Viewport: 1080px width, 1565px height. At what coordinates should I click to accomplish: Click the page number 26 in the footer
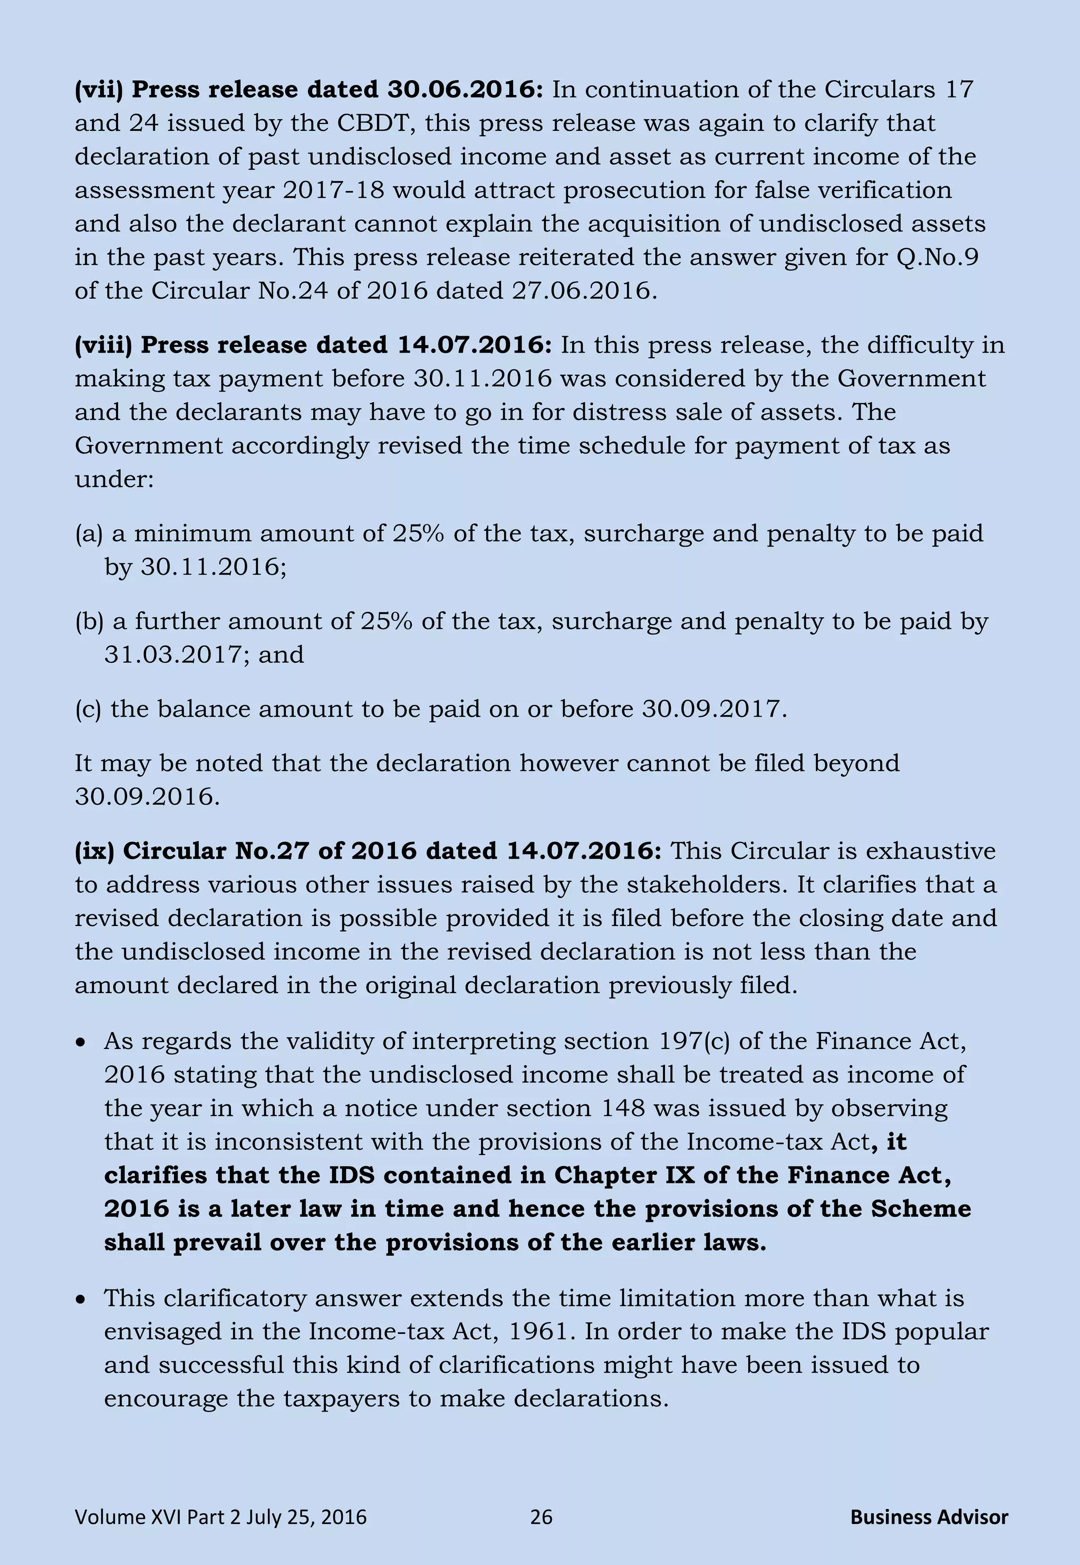[x=541, y=1517]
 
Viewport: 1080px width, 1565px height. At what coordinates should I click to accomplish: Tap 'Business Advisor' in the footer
[x=929, y=1517]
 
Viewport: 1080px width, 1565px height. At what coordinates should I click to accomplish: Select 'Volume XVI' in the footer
[x=128, y=1517]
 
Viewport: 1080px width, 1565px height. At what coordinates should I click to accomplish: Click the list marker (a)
[x=89, y=534]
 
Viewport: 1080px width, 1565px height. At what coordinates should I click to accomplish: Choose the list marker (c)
[x=88, y=709]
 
